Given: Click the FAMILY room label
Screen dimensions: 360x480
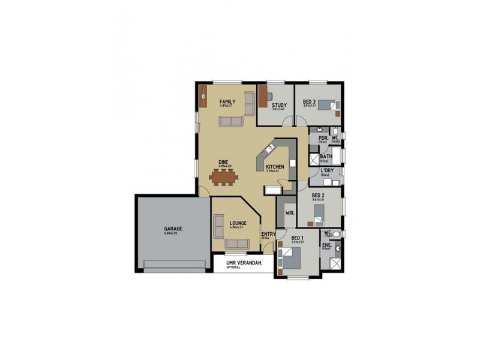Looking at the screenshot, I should click(227, 101).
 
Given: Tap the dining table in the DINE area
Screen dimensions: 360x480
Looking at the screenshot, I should click(223, 176).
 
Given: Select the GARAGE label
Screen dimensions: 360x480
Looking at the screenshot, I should click(174, 229).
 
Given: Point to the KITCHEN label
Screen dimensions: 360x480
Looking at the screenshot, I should click(275, 166).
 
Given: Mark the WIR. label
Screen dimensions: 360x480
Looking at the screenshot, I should click(289, 213).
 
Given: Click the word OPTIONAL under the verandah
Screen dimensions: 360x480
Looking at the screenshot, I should click(234, 268).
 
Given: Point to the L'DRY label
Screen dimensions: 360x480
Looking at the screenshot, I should click(328, 170).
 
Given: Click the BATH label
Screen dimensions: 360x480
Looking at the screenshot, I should click(326, 157).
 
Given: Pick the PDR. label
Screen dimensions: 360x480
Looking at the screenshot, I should click(323, 138).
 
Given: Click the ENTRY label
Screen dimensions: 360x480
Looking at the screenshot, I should click(268, 234).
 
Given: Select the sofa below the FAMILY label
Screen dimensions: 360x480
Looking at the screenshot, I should click(230, 122).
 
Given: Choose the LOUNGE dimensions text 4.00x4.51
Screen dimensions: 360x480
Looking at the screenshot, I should click(238, 228).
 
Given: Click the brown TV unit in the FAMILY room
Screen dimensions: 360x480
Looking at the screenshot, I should click(203, 97).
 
